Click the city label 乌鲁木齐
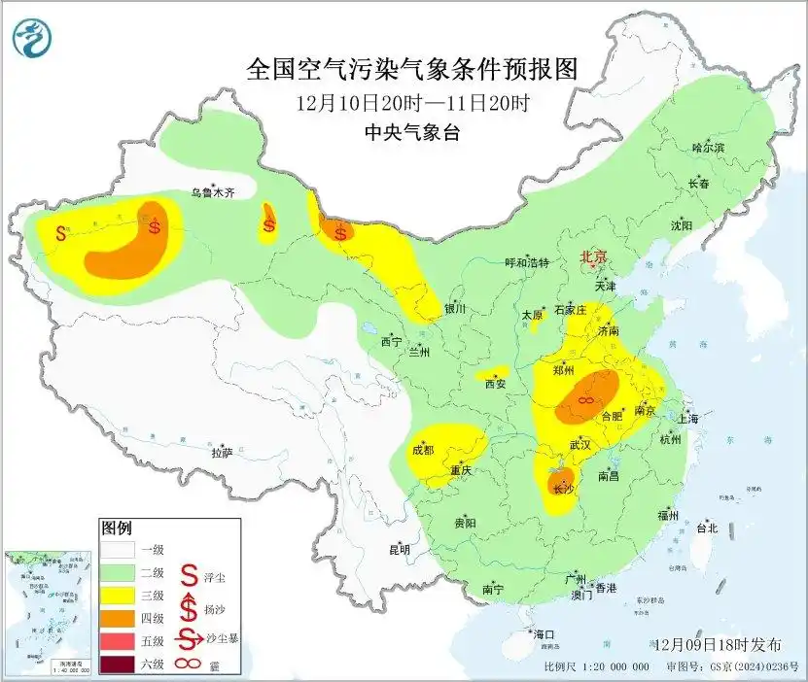point(212,193)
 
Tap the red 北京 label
point(593,257)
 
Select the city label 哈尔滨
point(708,148)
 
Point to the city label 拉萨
point(222,452)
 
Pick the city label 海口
point(544,634)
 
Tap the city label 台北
point(706,529)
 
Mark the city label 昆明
point(400,549)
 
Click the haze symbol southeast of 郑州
point(586,399)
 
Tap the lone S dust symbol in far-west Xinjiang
point(61,233)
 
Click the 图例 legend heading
point(116,529)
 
